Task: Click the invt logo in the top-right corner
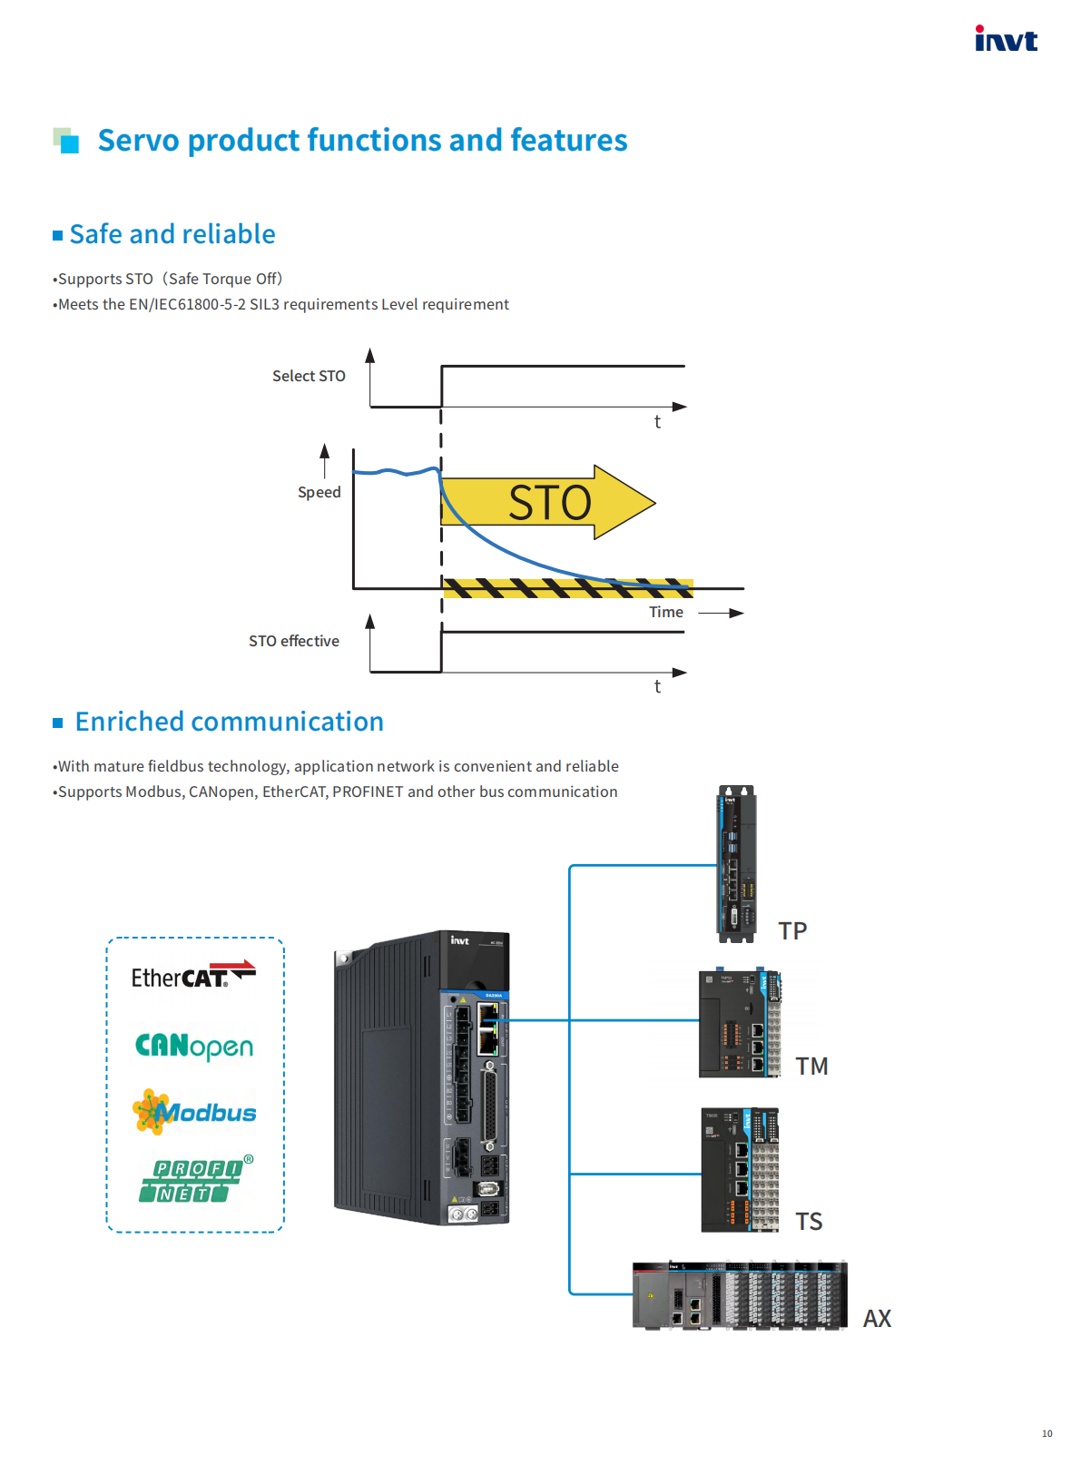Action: coord(1006,39)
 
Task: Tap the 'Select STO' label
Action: coord(309,376)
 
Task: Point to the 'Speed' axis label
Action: coord(319,492)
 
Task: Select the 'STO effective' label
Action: coord(294,641)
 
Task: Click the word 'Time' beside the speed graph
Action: coord(666,612)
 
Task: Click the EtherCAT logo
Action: coord(193,976)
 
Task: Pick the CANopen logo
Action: coord(194,1047)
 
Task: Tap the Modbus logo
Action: coord(194,1112)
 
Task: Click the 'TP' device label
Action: coord(792,930)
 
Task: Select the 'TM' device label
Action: coord(811,1066)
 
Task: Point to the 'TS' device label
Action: coord(809,1221)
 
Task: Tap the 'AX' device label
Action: coord(877,1318)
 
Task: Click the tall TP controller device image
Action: coord(736,863)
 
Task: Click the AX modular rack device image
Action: coord(740,1294)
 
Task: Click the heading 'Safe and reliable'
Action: coord(172,234)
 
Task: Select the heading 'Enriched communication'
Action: coord(229,722)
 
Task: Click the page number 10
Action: coord(1047,1433)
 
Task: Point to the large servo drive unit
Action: coord(423,1077)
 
